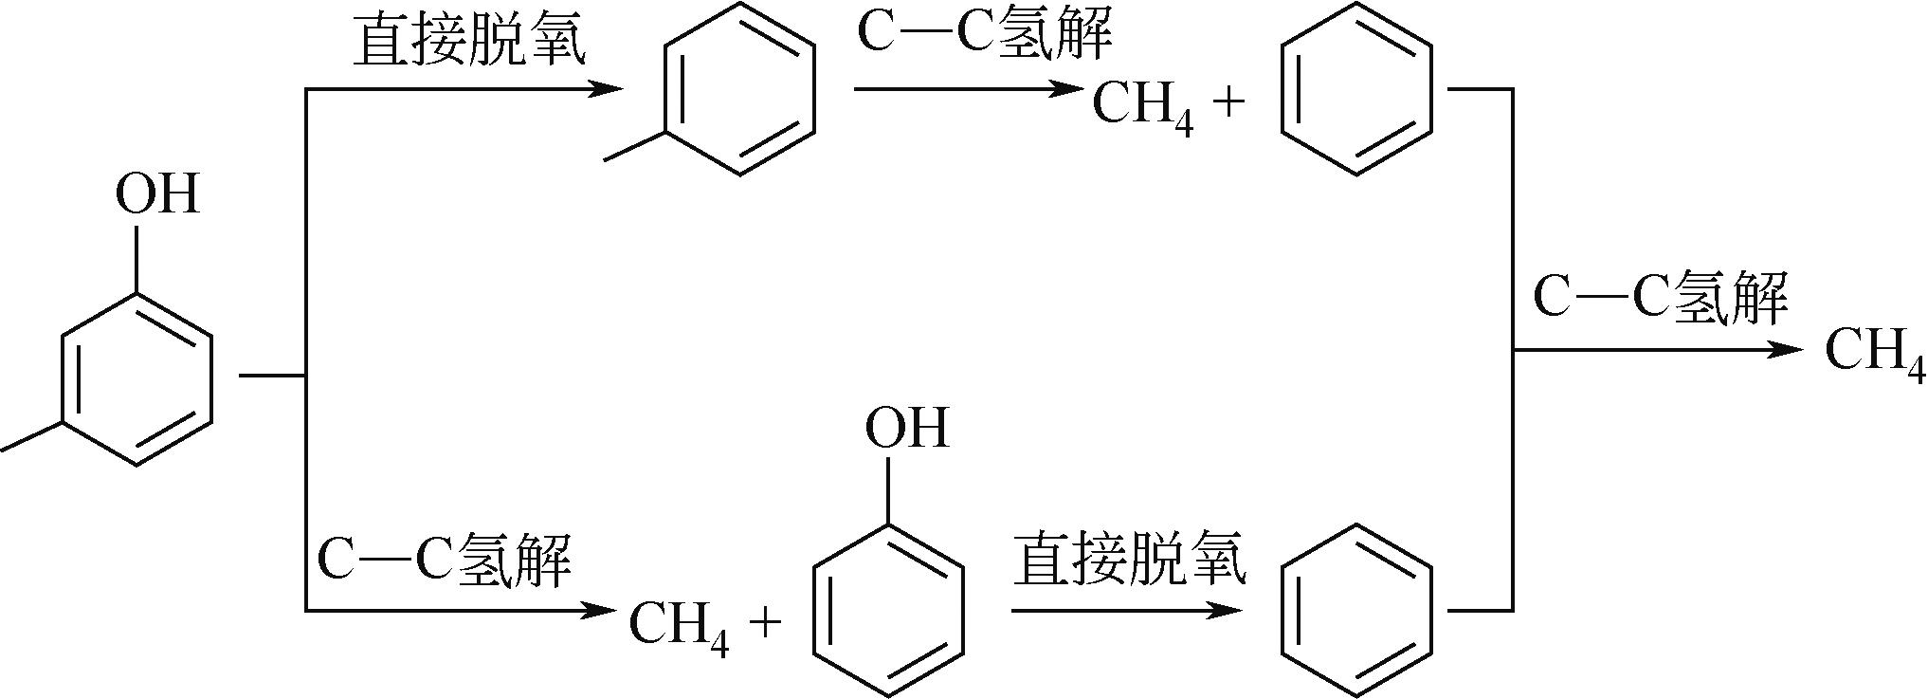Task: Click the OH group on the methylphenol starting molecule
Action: coord(157,194)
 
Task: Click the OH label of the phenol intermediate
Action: coord(906,428)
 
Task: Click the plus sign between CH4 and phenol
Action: coord(765,623)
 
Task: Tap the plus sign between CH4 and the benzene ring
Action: coord(1228,102)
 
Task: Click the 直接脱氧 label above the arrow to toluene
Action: coord(468,42)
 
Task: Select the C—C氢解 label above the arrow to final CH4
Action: coord(1659,297)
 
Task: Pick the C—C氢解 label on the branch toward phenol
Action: coord(444,561)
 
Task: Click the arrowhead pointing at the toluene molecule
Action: coord(607,89)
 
